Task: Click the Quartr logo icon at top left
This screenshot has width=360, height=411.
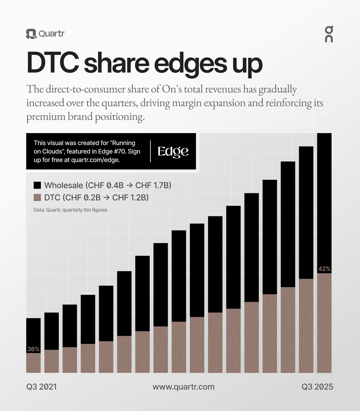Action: pyautogui.click(x=31, y=34)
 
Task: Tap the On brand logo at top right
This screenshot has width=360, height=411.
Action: pyautogui.click(x=329, y=34)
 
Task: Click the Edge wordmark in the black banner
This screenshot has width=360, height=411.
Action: pyautogui.click(x=173, y=151)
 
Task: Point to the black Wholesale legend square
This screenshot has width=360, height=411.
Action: pyautogui.click(x=37, y=185)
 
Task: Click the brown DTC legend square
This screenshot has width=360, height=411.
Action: pyautogui.click(x=37, y=198)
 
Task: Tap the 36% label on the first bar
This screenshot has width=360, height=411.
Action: pyautogui.click(x=33, y=349)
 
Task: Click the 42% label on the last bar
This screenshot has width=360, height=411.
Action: pyautogui.click(x=324, y=269)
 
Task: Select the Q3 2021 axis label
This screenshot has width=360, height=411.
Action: pyautogui.click(x=41, y=387)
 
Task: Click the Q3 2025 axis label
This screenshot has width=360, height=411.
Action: pyautogui.click(x=317, y=387)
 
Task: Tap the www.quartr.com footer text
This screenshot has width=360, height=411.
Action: pyautogui.click(x=183, y=387)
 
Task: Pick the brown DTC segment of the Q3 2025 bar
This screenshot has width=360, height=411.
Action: pyautogui.click(x=324, y=323)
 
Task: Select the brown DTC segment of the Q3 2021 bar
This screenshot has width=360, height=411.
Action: pyautogui.click(x=33, y=364)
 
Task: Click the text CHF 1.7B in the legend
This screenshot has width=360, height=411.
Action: pyautogui.click(x=153, y=185)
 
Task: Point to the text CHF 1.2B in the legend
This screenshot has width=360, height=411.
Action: pyautogui.click(x=130, y=198)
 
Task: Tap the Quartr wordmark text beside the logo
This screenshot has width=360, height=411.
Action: pyautogui.click(x=51, y=34)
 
